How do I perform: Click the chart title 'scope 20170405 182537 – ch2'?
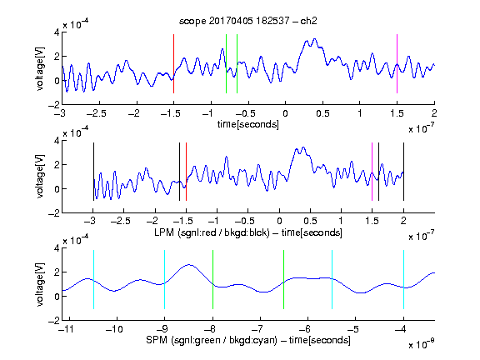(x=248, y=21)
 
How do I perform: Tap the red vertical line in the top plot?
(x=173, y=63)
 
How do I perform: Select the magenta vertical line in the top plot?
(x=397, y=63)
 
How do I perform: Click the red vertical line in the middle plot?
(x=186, y=172)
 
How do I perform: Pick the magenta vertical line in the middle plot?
(x=372, y=172)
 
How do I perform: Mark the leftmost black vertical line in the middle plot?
(x=93, y=172)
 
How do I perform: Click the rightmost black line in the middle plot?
(x=403, y=172)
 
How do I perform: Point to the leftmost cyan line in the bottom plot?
(x=93, y=279)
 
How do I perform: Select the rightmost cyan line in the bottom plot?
(x=403, y=279)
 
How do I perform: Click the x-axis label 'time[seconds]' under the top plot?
(x=248, y=124)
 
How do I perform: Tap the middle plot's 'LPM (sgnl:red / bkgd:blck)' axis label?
(x=212, y=232)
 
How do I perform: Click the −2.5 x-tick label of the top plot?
(x=97, y=113)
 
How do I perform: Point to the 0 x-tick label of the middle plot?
(x=279, y=221)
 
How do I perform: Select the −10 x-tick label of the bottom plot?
(x=114, y=329)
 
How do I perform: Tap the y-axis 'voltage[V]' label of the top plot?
(x=40, y=68)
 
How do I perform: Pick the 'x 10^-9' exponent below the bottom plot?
(x=421, y=344)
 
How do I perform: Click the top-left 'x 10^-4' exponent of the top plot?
(x=76, y=23)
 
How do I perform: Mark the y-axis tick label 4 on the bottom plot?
(x=57, y=248)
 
